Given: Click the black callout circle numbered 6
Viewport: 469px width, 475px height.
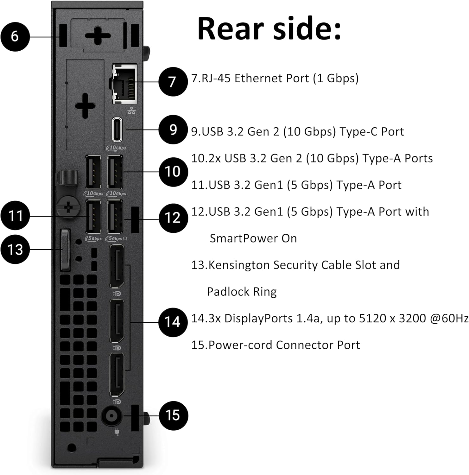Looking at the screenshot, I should [15, 36].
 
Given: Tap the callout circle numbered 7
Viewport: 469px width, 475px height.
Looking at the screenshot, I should [173, 82].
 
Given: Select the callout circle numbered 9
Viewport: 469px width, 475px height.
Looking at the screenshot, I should [173, 130].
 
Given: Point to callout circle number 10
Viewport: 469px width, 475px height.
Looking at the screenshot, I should [173, 172].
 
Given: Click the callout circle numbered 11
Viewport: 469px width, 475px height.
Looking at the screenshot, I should [15, 216].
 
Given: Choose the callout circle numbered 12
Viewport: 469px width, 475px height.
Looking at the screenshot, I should [173, 218].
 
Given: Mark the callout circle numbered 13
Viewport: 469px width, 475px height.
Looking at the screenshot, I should [15, 249].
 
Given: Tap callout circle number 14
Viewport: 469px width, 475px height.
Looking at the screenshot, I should [173, 322].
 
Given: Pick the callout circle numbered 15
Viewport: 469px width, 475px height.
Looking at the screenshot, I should [173, 415].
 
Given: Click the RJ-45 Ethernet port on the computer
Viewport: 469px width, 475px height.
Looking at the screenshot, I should [125, 83].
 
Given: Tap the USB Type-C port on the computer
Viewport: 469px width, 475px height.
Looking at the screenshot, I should [117, 130].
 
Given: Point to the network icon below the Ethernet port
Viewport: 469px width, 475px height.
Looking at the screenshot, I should [131, 110].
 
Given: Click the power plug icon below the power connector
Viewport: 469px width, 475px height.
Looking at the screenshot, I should [117, 432].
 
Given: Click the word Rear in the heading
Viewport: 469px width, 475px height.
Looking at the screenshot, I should [231, 29].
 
